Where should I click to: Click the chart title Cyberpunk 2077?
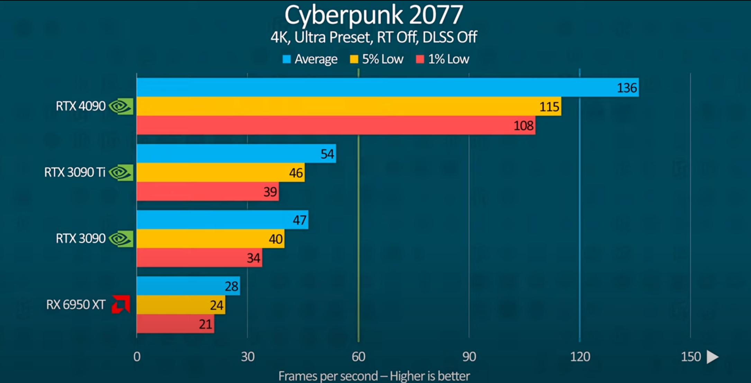(x=374, y=15)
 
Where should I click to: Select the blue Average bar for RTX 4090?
(x=387, y=87)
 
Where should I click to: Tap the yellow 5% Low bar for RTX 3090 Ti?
(x=220, y=172)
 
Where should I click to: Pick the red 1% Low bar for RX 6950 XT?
(x=175, y=324)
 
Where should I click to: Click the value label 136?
(x=627, y=88)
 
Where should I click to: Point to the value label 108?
(x=523, y=125)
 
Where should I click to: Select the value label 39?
(x=270, y=192)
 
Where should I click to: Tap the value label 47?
(x=299, y=220)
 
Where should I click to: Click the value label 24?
(x=217, y=305)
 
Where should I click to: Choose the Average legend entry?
(x=310, y=59)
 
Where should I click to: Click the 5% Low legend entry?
(x=377, y=59)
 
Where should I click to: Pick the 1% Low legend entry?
(x=443, y=59)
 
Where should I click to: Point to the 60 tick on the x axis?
(x=358, y=357)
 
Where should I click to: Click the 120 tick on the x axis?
(x=580, y=357)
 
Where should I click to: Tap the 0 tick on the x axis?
(x=137, y=357)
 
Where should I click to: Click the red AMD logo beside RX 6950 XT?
(x=121, y=304)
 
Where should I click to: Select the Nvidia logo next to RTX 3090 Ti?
(x=121, y=172)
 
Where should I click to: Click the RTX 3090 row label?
(x=81, y=239)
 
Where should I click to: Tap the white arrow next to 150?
(x=712, y=357)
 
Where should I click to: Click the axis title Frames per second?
(x=374, y=376)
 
